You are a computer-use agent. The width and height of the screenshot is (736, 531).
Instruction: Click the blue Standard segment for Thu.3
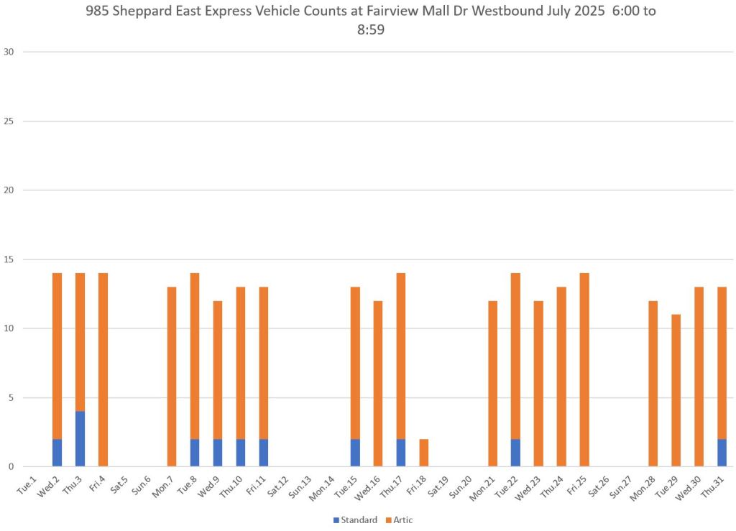(x=80, y=438)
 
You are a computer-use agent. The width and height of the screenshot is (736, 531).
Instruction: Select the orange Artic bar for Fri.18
(x=424, y=453)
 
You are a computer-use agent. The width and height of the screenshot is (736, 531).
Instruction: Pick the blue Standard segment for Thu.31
(x=722, y=453)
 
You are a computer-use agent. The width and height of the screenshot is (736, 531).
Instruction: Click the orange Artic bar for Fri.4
(x=103, y=370)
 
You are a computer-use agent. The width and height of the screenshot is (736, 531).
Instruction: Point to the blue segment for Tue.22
(x=515, y=453)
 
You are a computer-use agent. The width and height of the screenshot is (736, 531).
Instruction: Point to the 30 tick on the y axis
(x=9, y=52)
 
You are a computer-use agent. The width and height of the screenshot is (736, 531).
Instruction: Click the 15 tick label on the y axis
(x=9, y=259)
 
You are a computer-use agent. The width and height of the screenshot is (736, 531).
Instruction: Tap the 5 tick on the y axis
(x=11, y=397)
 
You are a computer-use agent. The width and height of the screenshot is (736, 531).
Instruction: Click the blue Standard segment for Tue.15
(x=355, y=453)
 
